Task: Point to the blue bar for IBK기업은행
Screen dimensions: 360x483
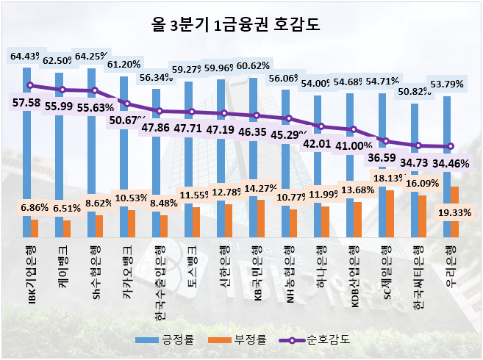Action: click(26, 147)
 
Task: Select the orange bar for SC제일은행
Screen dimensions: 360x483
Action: click(390, 214)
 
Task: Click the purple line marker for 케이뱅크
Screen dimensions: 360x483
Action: click(62, 90)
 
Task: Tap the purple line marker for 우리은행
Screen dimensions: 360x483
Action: click(451, 146)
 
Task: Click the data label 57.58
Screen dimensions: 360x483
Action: click(26, 103)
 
